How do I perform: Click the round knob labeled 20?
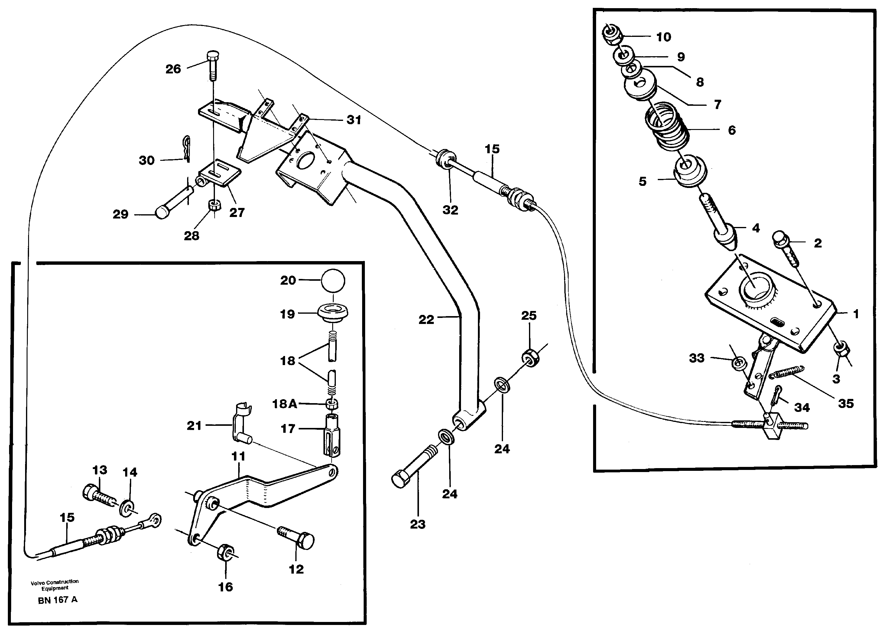(333, 280)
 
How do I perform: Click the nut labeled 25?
(529, 356)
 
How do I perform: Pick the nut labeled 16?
(225, 552)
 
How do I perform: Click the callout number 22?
(426, 320)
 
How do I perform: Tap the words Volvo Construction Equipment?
(54, 585)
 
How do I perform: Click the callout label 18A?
(284, 404)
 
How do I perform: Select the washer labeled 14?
(127, 508)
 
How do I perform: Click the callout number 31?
(354, 120)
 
